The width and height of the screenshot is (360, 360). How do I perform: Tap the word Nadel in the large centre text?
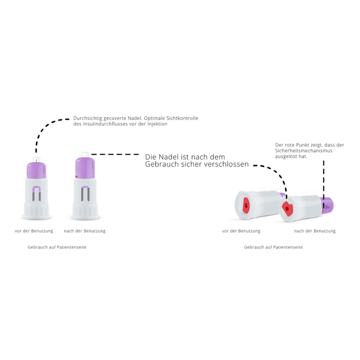point(169,157)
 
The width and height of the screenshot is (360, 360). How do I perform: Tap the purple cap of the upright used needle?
point(85,166)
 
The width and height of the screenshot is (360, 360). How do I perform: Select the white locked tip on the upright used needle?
point(84,154)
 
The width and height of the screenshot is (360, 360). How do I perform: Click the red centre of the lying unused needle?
point(246,206)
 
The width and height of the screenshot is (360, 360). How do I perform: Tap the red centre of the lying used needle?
point(287,208)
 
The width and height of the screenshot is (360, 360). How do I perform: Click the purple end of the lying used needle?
point(329,204)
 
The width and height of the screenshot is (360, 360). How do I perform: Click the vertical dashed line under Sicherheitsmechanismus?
point(323,180)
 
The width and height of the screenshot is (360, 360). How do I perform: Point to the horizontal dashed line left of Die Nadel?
point(117,154)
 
